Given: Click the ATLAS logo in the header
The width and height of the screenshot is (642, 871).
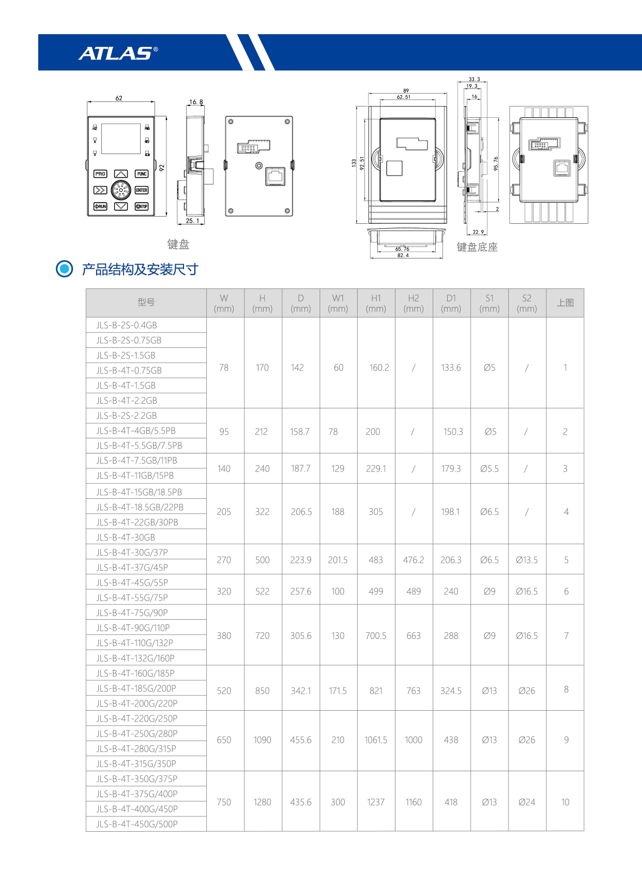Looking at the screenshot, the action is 118,53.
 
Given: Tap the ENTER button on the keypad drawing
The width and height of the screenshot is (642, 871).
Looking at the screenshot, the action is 142,190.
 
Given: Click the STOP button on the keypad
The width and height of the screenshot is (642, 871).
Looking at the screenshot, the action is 142,206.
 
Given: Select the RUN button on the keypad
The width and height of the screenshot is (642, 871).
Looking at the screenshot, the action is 100,206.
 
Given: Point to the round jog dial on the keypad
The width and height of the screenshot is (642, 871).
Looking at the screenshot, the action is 121,190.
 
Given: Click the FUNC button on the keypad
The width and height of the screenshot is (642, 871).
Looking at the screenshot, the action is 142,174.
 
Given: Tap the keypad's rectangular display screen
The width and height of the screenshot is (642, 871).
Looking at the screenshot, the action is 121,139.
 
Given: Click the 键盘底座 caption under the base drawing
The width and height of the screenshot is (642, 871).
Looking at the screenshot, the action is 477,247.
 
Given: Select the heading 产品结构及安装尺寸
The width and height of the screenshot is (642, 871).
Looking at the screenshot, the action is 140,269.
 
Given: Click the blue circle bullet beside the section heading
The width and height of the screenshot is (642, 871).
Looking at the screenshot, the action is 64,269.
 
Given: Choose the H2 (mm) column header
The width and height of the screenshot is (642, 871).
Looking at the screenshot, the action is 414,303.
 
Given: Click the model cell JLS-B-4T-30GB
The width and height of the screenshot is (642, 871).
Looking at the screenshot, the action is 126,537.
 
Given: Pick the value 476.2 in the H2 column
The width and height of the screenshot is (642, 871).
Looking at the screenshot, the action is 414,560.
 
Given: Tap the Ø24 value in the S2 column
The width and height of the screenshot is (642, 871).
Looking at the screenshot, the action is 527,802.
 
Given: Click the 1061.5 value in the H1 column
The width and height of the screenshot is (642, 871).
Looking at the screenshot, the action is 376,740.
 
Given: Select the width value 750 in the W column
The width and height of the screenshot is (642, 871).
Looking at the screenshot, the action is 224,802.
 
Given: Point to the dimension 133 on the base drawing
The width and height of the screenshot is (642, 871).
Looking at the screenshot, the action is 354,162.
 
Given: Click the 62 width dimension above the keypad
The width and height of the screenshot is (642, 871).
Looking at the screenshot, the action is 119,98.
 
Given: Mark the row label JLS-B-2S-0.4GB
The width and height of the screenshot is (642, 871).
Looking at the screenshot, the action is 127,325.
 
